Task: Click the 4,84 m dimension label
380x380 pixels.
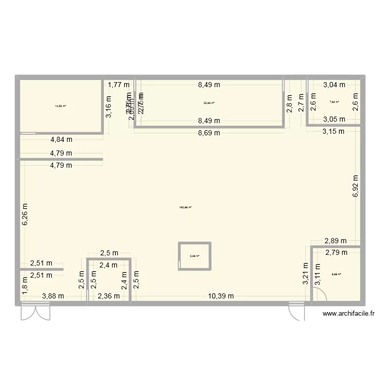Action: tap(61, 141)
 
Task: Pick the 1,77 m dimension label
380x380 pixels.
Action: tap(118, 85)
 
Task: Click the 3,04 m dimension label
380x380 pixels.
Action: tap(334, 85)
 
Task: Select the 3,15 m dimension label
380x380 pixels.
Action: tap(333, 131)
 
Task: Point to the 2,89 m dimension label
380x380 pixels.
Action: tap(335, 241)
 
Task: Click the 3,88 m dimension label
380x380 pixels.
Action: tap(53, 296)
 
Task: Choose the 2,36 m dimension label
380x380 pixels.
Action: tap(108, 296)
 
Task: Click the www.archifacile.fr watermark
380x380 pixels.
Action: tap(350, 314)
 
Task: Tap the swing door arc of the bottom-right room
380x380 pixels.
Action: tap(319, 293)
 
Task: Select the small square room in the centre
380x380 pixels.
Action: tap(195, 256)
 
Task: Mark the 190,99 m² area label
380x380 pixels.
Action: tap(185, 207)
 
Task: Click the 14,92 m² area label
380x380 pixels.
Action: tap(60, 106)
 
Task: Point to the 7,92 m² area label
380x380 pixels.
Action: tap(334, 102)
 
